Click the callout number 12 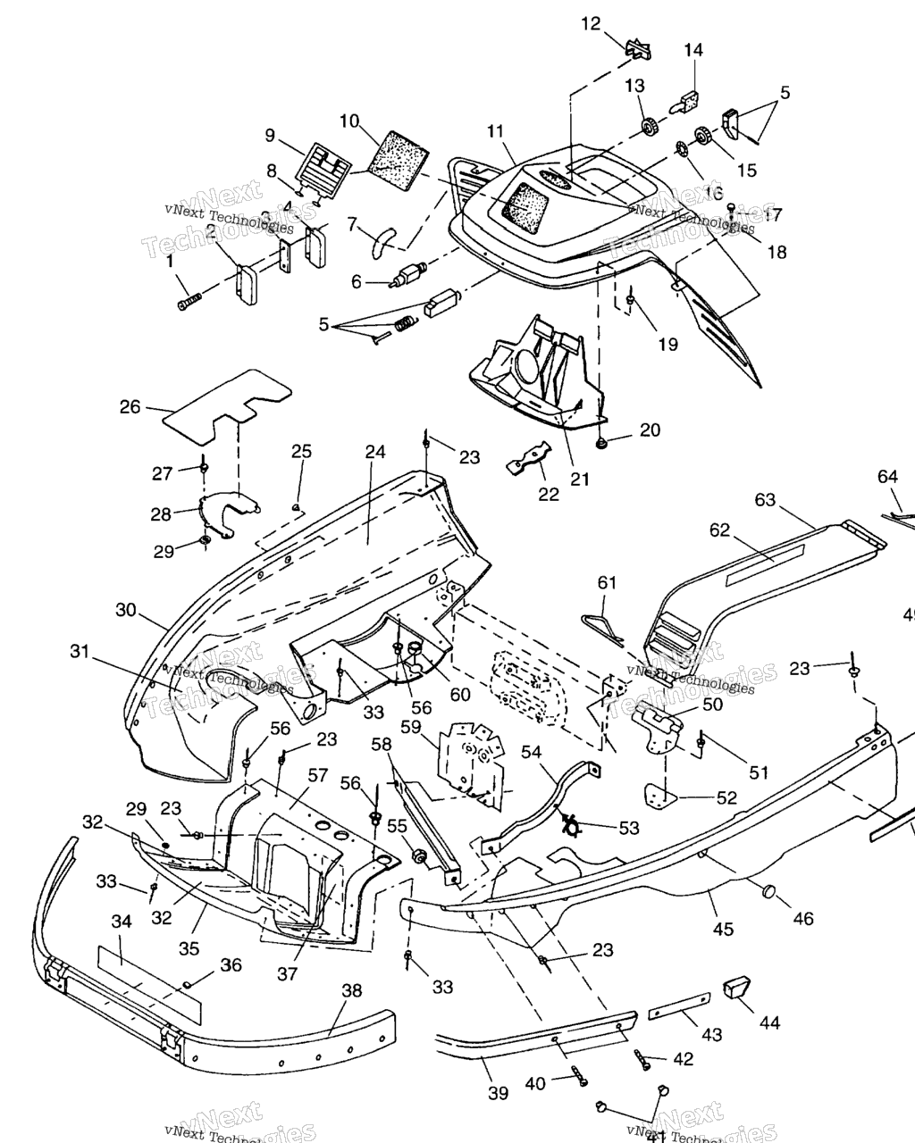point(592,23)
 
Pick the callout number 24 point(374,452)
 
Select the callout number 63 point(765,499)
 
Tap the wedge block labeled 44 point(738,987)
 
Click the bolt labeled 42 point(645,1060)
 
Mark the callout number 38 point(352,990)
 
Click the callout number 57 point(317,775)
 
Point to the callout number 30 point(126,610)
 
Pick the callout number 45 point(723,930)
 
